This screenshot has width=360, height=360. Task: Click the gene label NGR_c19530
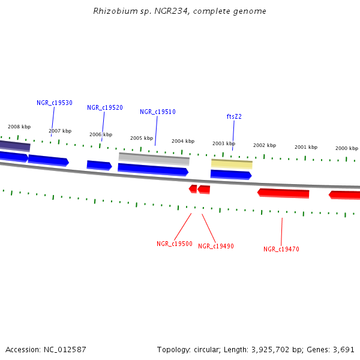54,103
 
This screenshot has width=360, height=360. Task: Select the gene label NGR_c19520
105,107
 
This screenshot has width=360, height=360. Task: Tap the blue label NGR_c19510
157,112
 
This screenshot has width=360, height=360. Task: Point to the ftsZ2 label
234,116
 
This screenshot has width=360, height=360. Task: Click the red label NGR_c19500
175,244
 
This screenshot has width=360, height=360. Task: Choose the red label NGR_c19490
216,246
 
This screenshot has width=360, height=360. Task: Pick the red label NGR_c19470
281,249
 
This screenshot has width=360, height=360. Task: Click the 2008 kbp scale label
19,127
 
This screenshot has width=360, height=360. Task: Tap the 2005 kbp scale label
142,138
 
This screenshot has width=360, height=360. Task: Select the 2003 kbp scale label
224,143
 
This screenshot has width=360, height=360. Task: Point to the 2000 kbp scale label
346,148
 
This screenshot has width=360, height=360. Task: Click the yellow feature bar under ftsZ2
232,163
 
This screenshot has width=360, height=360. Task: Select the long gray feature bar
154,159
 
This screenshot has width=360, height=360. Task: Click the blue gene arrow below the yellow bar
230,175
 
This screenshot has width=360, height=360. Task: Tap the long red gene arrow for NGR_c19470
283,193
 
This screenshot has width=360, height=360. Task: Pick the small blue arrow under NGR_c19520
99,165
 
